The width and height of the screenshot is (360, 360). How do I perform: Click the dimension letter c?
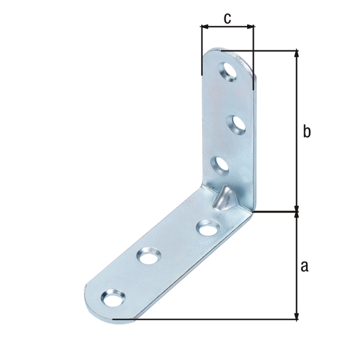227,19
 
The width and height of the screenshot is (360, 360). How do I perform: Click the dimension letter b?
307,131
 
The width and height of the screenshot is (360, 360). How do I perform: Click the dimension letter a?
304,266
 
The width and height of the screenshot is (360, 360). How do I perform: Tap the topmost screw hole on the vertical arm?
227,71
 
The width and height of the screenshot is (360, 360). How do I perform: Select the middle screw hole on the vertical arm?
236,125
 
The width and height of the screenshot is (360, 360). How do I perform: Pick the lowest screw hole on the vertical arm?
220,166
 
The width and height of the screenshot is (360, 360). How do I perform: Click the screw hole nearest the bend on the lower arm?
208,227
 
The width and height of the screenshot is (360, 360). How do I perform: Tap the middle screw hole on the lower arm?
149,256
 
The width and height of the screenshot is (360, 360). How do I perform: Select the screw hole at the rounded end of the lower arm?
113,298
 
